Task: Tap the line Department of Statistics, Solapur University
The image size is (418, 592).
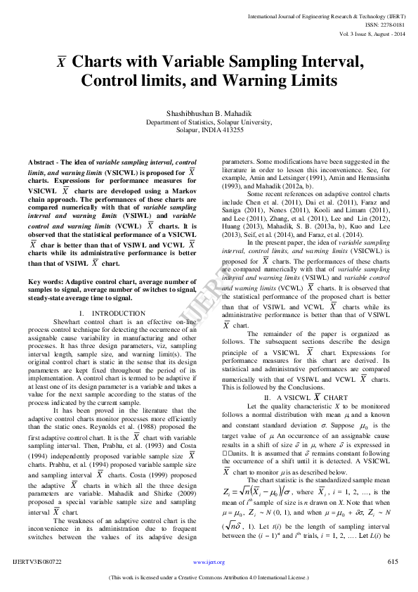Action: pos(209,122)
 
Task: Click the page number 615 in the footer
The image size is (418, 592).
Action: pos(393,562)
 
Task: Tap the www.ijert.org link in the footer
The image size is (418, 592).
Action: pos(209,562)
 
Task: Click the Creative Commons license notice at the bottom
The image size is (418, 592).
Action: pos(209,579)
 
